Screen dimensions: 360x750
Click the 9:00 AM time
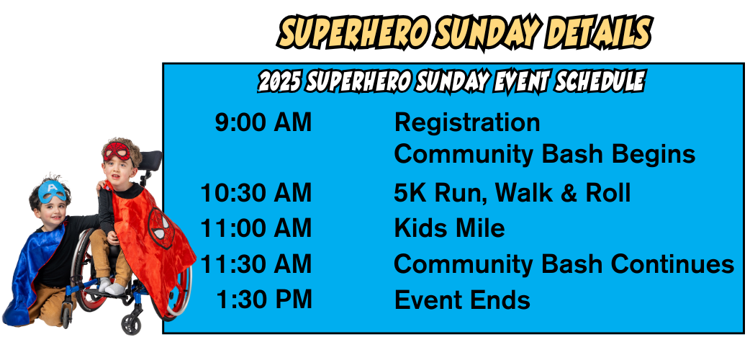tap(263, 122)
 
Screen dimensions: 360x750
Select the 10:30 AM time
tap(256, 193)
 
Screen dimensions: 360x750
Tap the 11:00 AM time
tap(256, 228)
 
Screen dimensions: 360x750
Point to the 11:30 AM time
tap(256, 264)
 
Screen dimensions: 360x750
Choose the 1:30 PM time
tap(264, 299)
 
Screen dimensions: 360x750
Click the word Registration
tap(467, 122)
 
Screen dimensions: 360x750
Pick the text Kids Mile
tap(449, 228)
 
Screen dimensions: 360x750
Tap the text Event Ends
tap(462, 299)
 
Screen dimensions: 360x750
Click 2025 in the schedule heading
tap(279, 82)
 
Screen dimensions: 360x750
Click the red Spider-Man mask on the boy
tap(117, 152)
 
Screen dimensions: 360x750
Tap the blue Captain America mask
tap(53, 192)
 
